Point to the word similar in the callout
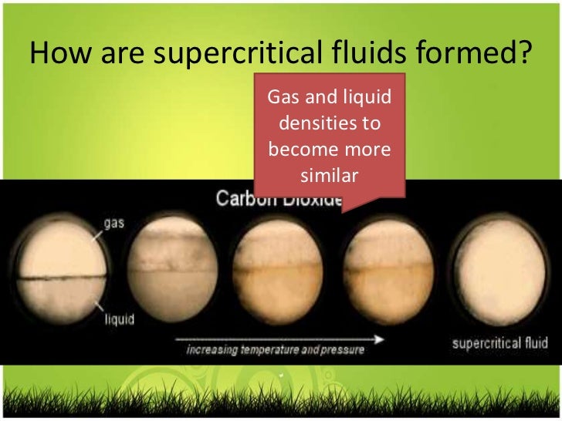tap(328, 176)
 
